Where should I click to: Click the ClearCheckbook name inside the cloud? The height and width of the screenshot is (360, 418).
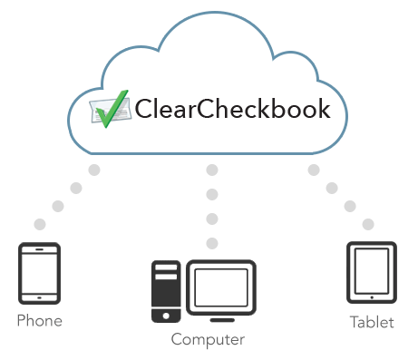[x=231, y=109]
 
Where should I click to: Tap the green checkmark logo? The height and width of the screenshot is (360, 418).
[x=108, y=110]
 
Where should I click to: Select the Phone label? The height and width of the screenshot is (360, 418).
[x=39, y=321]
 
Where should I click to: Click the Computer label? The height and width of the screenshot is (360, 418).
[x=208, y=340]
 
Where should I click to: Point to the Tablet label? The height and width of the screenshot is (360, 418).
[x=372, y=322]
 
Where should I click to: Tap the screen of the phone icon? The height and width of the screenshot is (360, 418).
[x=39, y=271]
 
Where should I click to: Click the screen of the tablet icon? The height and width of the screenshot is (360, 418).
[x=372, y=270]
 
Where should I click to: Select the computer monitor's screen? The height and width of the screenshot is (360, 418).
[x=221, y=287]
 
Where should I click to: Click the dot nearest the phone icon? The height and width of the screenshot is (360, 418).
[x=39, y=224]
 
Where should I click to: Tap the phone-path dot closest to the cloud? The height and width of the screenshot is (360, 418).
[x=94, y=170]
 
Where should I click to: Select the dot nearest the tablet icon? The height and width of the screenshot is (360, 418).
[x=368, y=224]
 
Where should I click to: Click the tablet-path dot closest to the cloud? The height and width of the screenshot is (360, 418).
[x=314, y=170]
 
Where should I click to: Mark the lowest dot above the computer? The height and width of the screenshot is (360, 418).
[x=212, y=242]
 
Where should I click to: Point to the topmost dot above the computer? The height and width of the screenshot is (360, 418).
[x=212, y=170]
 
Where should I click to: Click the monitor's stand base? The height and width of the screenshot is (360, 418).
[x=221, y=318]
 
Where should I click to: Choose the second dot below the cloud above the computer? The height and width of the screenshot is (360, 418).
[x=212, y=193]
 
